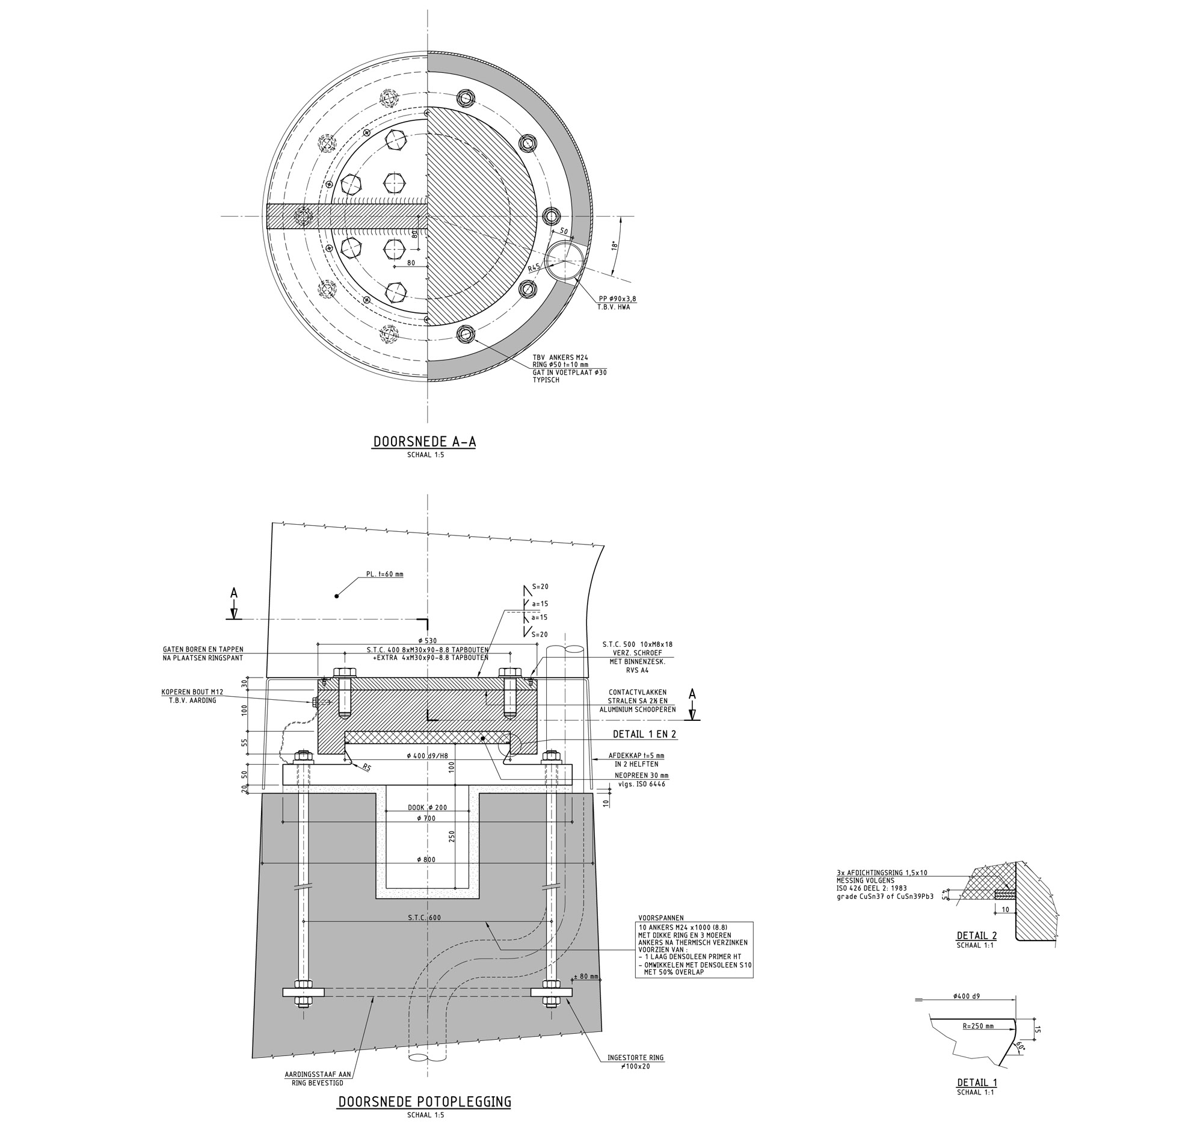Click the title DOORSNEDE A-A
(x=424, y=442)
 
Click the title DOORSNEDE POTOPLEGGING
(x=424, y=1101)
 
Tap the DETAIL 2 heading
(x=976, y=935)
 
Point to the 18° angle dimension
(x=614, y=245)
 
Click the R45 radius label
(x=533, y=268)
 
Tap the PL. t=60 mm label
(x=384, y=574)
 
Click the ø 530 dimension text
(x=427, y=640)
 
